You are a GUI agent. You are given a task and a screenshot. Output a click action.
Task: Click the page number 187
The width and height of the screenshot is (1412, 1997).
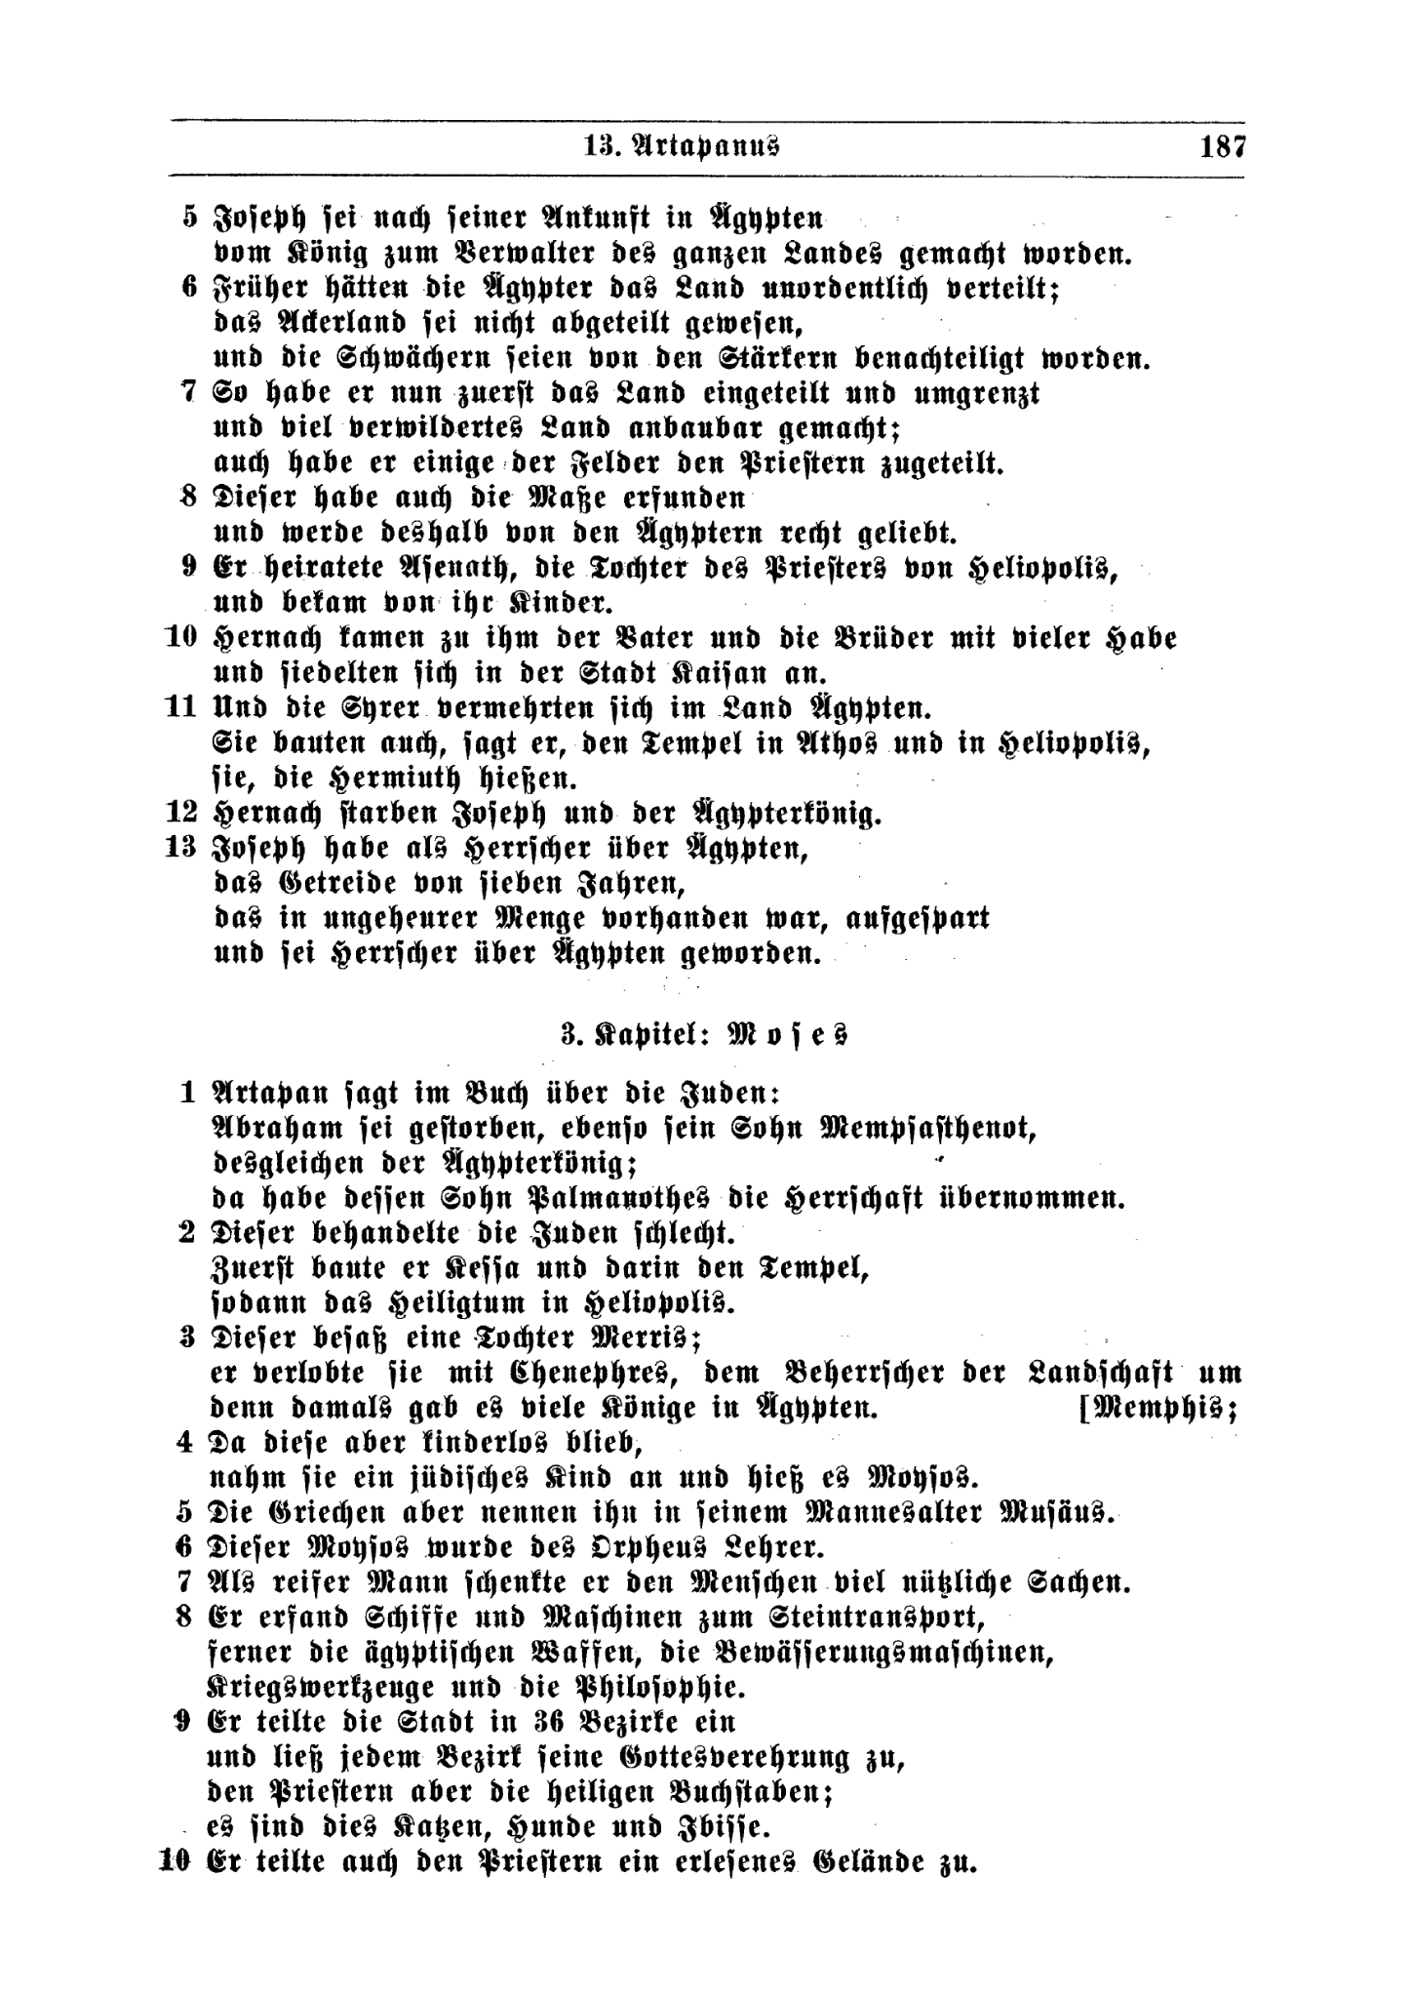[1223, 148]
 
